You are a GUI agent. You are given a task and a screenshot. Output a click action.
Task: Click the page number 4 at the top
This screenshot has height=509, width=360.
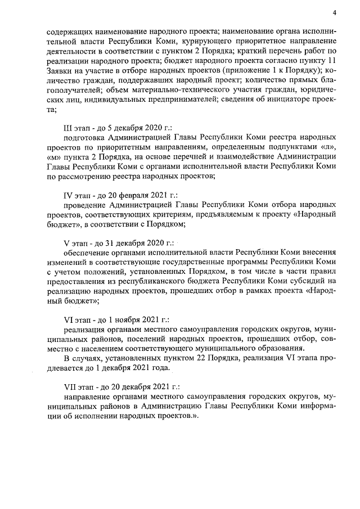tap(334, 12)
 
